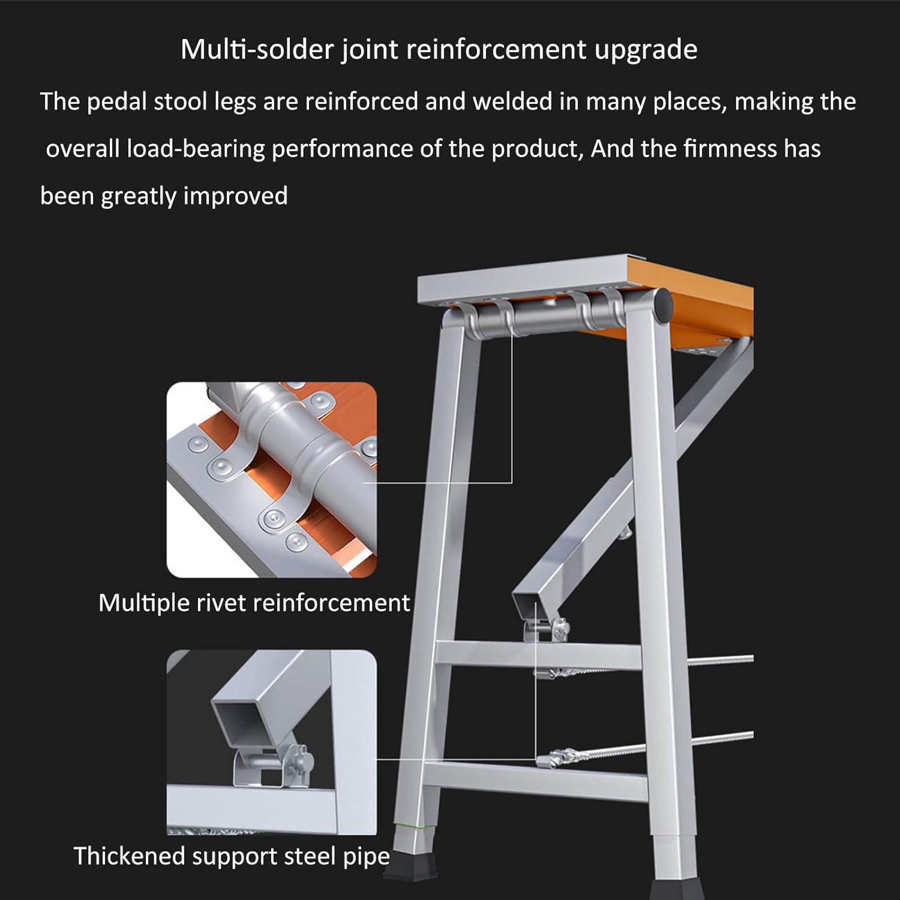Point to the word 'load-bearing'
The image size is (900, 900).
coord(196,149)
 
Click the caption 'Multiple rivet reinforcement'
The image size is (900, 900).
coord(254,602)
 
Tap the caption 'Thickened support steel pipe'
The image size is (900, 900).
coord(232,856)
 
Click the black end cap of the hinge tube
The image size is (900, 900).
coord(662,304)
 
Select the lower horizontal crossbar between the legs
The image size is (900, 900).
coord(534,774)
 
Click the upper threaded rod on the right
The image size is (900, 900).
coord(720,660)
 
